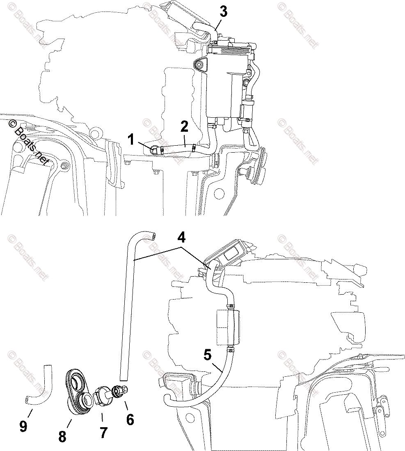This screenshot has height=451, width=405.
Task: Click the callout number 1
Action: tap(131, 140)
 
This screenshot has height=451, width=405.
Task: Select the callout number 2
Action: tap(184, 127)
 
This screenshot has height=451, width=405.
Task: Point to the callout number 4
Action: tap(181, 238)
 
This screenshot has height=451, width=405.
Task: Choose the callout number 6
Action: tap(130, 420)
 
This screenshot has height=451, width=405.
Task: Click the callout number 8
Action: tap(62, 436)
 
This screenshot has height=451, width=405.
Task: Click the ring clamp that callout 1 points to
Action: tap(156, 149)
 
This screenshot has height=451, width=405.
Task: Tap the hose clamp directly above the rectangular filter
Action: tap(231, 306)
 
